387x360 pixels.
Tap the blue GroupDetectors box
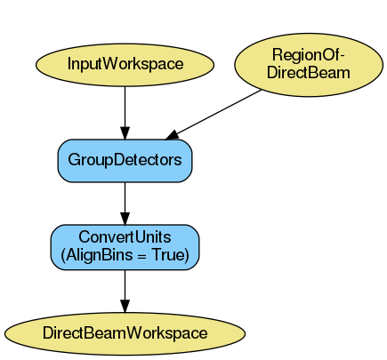(125, 161)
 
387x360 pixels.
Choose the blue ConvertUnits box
(125, 246)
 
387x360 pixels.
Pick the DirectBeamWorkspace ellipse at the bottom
(125, 332)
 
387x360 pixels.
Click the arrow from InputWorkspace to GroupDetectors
(125, 111)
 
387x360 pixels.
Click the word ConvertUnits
(125, 238)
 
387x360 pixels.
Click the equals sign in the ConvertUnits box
(139, 255)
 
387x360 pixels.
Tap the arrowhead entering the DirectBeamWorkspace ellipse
(125, 308)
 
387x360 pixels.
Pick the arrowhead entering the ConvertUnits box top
(125, 220)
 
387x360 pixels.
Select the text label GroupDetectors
(125, 161)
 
